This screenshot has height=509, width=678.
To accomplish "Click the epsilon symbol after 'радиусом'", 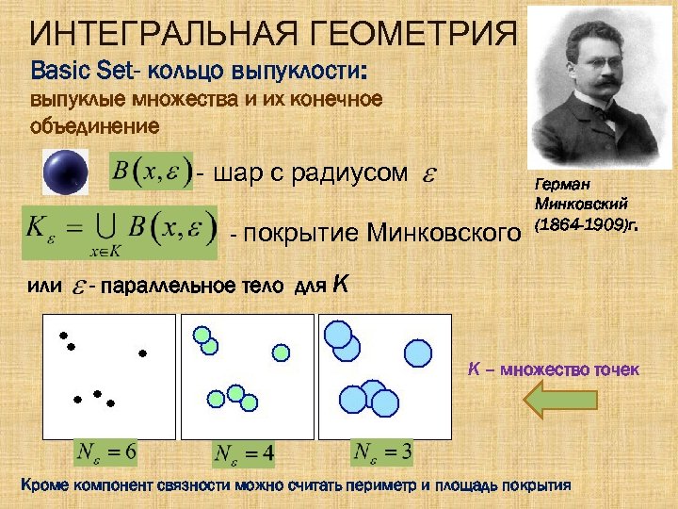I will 426,174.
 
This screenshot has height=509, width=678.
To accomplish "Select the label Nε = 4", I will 245,453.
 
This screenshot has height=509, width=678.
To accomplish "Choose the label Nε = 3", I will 382,452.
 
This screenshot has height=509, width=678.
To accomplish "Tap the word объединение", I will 95,124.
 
